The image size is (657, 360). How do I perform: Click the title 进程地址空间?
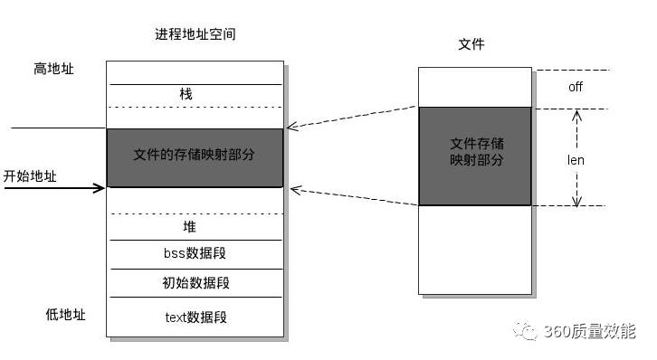195,34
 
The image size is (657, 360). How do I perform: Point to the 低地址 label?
65,315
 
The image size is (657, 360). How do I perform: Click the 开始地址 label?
30,176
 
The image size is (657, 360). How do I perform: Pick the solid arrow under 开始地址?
54,188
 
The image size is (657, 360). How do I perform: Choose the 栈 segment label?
186,94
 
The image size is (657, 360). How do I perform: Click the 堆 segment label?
189,227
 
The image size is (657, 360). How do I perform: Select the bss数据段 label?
194,254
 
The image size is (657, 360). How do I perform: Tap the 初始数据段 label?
195,283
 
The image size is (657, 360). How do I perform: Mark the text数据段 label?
195,317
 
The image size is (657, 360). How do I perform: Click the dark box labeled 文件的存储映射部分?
195,157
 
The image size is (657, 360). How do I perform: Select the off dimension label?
576,88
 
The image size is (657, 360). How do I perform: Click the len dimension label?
576,160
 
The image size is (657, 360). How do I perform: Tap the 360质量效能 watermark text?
588,332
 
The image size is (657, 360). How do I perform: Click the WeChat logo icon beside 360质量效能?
526,332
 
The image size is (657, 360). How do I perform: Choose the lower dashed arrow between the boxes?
353,197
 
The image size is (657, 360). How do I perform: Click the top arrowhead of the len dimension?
576,115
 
